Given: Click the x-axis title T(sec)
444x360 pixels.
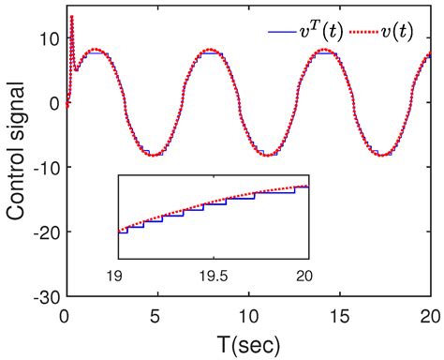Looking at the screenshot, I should (x=247, y=343).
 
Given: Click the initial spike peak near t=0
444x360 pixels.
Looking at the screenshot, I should (x=71, y=16).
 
